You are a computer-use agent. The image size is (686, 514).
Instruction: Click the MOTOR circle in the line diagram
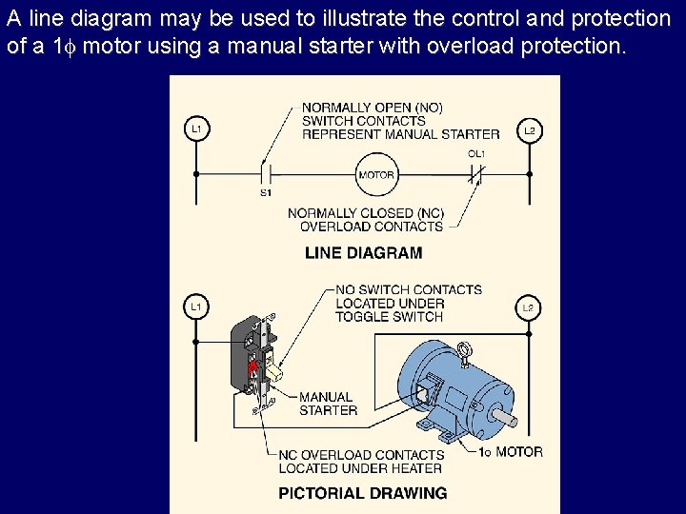point(376,175)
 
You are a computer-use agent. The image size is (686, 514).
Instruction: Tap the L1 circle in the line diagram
point(196,128)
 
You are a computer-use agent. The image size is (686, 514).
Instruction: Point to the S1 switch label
point(266,192)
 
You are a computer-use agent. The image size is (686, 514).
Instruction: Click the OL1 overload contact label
point(476,153)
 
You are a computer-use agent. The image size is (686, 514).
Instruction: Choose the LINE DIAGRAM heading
point(363,253)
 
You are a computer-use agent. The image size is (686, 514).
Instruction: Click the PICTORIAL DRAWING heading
point(362,493)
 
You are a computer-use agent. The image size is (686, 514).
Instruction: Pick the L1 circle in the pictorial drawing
point(196,306)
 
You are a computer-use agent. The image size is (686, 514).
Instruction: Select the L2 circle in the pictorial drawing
point(529,307)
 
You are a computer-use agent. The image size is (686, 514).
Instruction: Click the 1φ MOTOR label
point(510,452)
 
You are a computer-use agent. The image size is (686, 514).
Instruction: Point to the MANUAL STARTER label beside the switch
point(328,404)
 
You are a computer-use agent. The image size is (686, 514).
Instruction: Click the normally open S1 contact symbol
point(266,175)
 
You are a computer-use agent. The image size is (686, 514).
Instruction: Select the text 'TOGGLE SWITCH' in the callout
point(389,316)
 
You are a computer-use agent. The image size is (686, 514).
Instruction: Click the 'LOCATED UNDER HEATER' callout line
point(360,467)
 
